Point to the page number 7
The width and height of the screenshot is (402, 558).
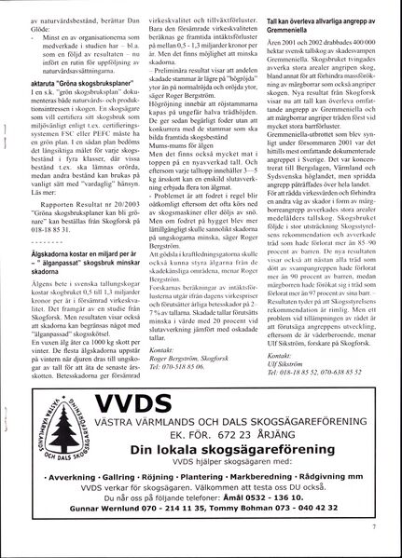371,527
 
